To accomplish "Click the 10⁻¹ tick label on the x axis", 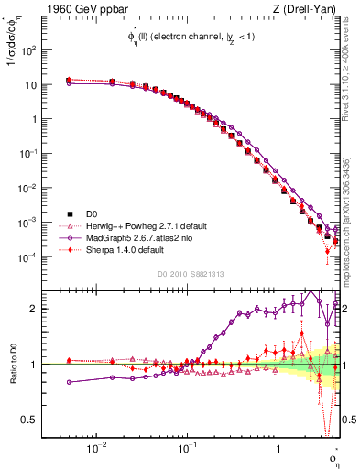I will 186,449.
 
